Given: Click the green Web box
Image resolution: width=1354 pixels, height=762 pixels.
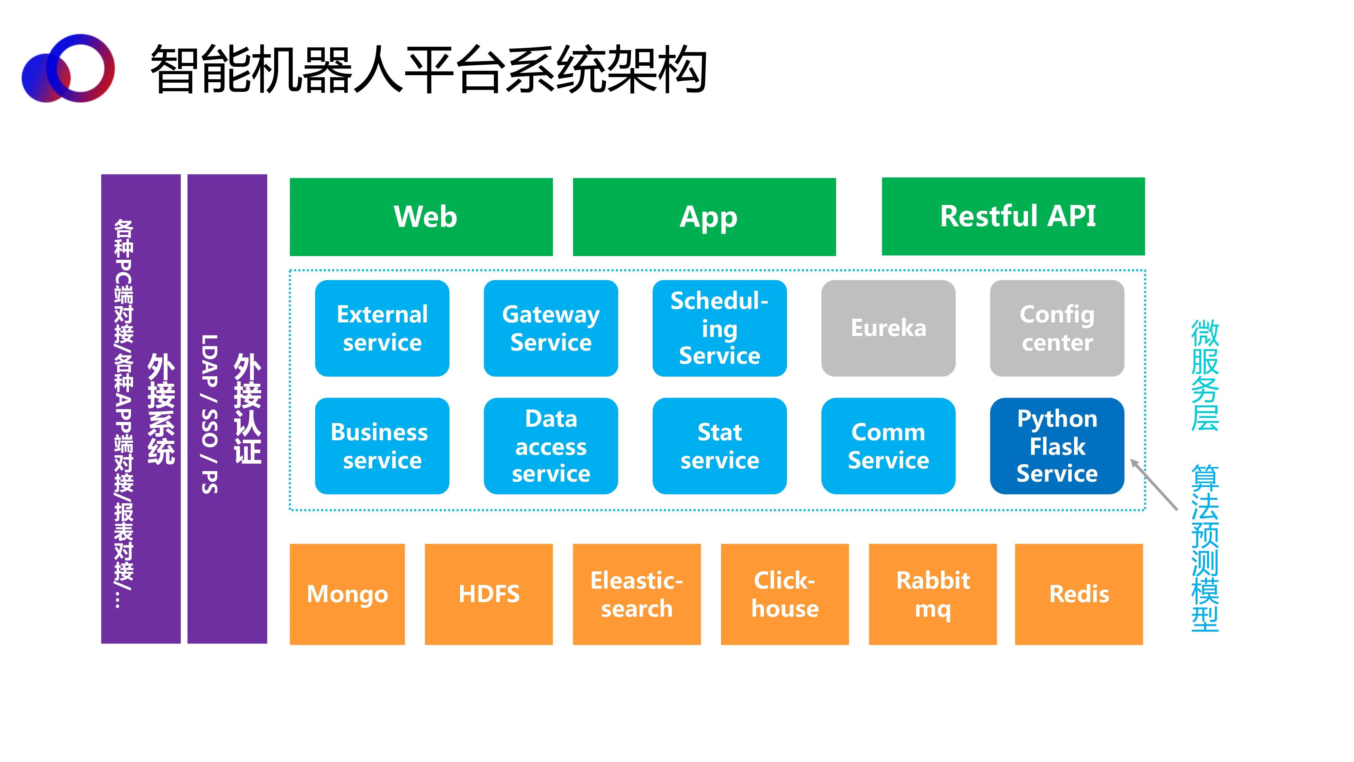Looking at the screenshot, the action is click(421, 217).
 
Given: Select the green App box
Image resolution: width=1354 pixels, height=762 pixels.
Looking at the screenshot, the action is click(704, 217).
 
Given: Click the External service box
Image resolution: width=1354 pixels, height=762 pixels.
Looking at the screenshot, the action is click(382, 328).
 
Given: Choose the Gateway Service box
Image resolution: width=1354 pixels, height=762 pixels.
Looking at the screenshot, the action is click(551, 328).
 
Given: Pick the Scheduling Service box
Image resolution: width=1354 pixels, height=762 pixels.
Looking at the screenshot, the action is click(720, 328).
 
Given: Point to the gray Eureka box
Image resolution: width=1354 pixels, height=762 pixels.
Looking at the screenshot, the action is click(888, 328).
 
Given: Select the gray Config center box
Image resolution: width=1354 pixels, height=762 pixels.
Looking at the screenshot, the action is click(1057, 328).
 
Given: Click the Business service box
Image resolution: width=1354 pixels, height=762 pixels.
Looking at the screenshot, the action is click(382, 446).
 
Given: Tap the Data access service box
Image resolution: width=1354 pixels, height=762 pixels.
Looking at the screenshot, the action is click(551, 446).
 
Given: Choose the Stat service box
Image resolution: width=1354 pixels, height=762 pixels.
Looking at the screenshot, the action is click(720, 446).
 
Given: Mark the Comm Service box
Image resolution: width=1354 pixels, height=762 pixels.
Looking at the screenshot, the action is click(888, 446).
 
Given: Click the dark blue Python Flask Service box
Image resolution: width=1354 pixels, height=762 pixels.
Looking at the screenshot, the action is click(1057, 446).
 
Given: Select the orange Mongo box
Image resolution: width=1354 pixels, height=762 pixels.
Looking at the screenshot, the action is click(347, 594).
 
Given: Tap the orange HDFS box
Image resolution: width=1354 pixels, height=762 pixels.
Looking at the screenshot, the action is click(489, 594).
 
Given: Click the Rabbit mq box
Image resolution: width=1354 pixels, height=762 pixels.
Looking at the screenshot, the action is click(933, 594).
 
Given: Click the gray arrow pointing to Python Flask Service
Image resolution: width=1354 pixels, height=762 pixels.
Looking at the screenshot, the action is click(1154, 484).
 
